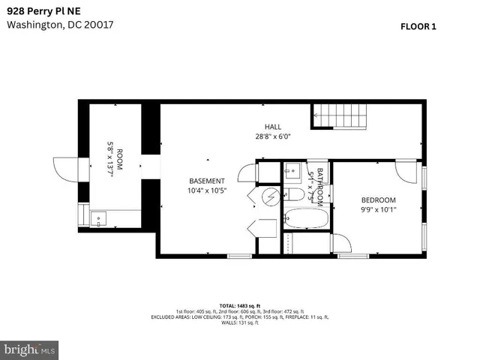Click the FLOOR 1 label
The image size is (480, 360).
(418, 26)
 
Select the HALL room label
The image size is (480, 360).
(272, 127)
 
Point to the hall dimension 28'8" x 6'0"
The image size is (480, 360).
(272, 136)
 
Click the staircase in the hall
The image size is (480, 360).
(341, 117)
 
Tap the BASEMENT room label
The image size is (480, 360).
(206, 181)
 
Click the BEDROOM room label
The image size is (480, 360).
(378, 199)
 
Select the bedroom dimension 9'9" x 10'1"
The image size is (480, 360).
(378, 209)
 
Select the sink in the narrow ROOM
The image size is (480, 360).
(97, 220)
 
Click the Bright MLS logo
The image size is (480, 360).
(30, 349)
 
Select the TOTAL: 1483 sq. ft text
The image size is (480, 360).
(239, 306)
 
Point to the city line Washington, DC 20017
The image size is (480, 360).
(60, 24)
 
